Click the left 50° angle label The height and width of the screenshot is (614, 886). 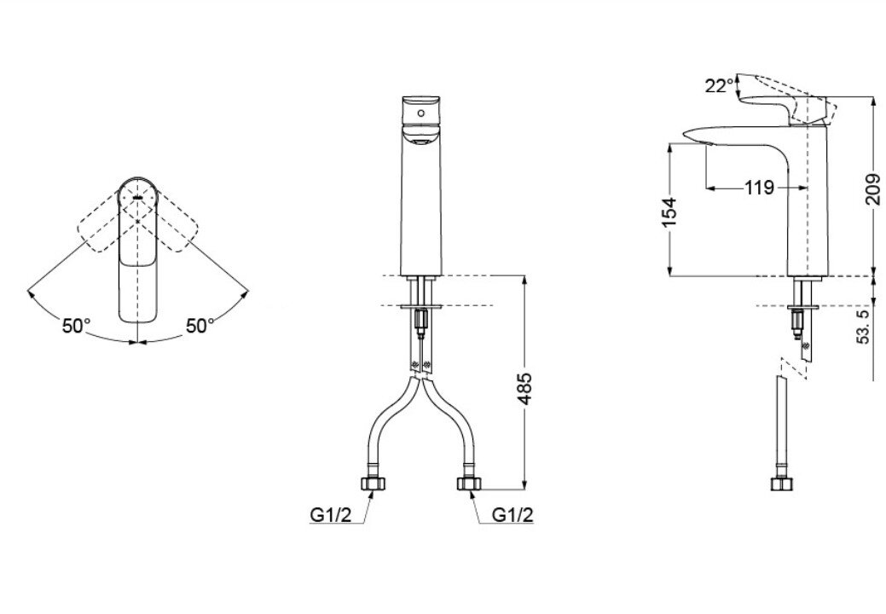(x=76, y=326)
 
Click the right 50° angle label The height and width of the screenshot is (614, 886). (x=200, y=326)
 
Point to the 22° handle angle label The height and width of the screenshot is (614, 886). (x=718, y=85)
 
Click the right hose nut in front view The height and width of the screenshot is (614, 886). (x=467, y=484)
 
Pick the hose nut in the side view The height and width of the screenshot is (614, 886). (x=779, y=484)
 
